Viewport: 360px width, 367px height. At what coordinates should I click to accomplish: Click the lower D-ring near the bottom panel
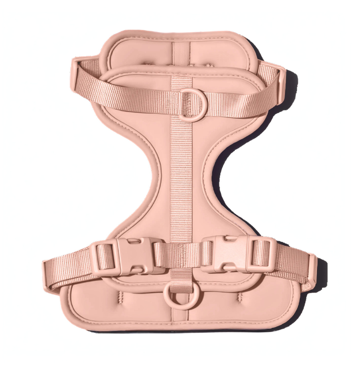pyautogui.click(x=176, y=296)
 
